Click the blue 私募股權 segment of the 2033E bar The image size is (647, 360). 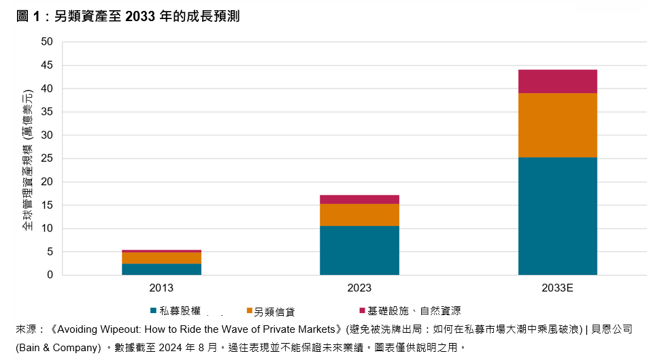tap(557, 216)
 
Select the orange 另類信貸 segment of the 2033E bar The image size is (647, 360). tap(557, 125)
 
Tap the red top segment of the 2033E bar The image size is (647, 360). tap(557, 81)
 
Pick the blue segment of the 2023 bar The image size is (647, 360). tap(359, 250)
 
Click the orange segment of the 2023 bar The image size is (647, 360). tap(359, 214)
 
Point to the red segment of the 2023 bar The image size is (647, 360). tap(359, 199)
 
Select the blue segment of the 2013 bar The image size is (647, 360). tap(161, 269)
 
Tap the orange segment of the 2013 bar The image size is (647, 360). tap(161, 258)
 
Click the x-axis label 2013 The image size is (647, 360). tap(161, 288)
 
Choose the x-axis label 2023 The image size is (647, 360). tap(359, 288)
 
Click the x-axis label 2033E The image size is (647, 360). tap(557, 288)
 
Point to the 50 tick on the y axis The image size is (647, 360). tap(47, 42)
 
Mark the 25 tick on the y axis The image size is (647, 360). tap(47, 159)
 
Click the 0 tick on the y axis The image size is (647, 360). tap(50, 275)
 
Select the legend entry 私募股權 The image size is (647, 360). tap(175, 311)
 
